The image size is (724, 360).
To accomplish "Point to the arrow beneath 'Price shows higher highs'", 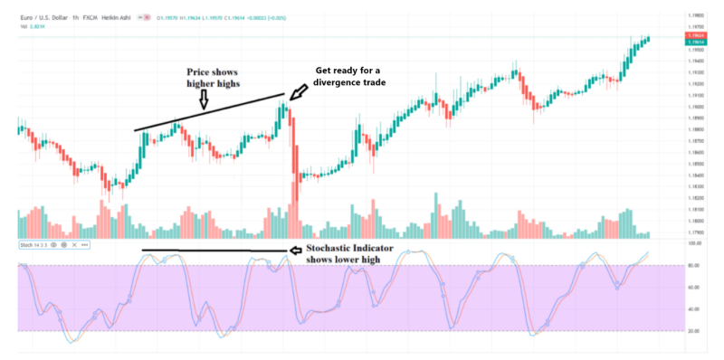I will point(204,103).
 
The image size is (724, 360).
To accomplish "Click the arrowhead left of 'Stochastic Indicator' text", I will point(292,250).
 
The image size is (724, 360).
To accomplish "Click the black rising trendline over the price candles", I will point(208,113).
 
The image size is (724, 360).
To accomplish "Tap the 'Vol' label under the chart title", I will point(22,26).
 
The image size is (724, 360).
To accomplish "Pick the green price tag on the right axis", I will point(695,43).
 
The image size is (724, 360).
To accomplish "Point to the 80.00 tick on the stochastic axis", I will point(695,266).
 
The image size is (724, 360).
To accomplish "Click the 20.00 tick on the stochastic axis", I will point(695,331).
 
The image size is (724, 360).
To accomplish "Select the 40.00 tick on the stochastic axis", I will point(695,309).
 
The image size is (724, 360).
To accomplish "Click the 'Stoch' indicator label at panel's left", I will point(27,244).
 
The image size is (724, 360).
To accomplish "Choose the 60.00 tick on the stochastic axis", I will point(695,288).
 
